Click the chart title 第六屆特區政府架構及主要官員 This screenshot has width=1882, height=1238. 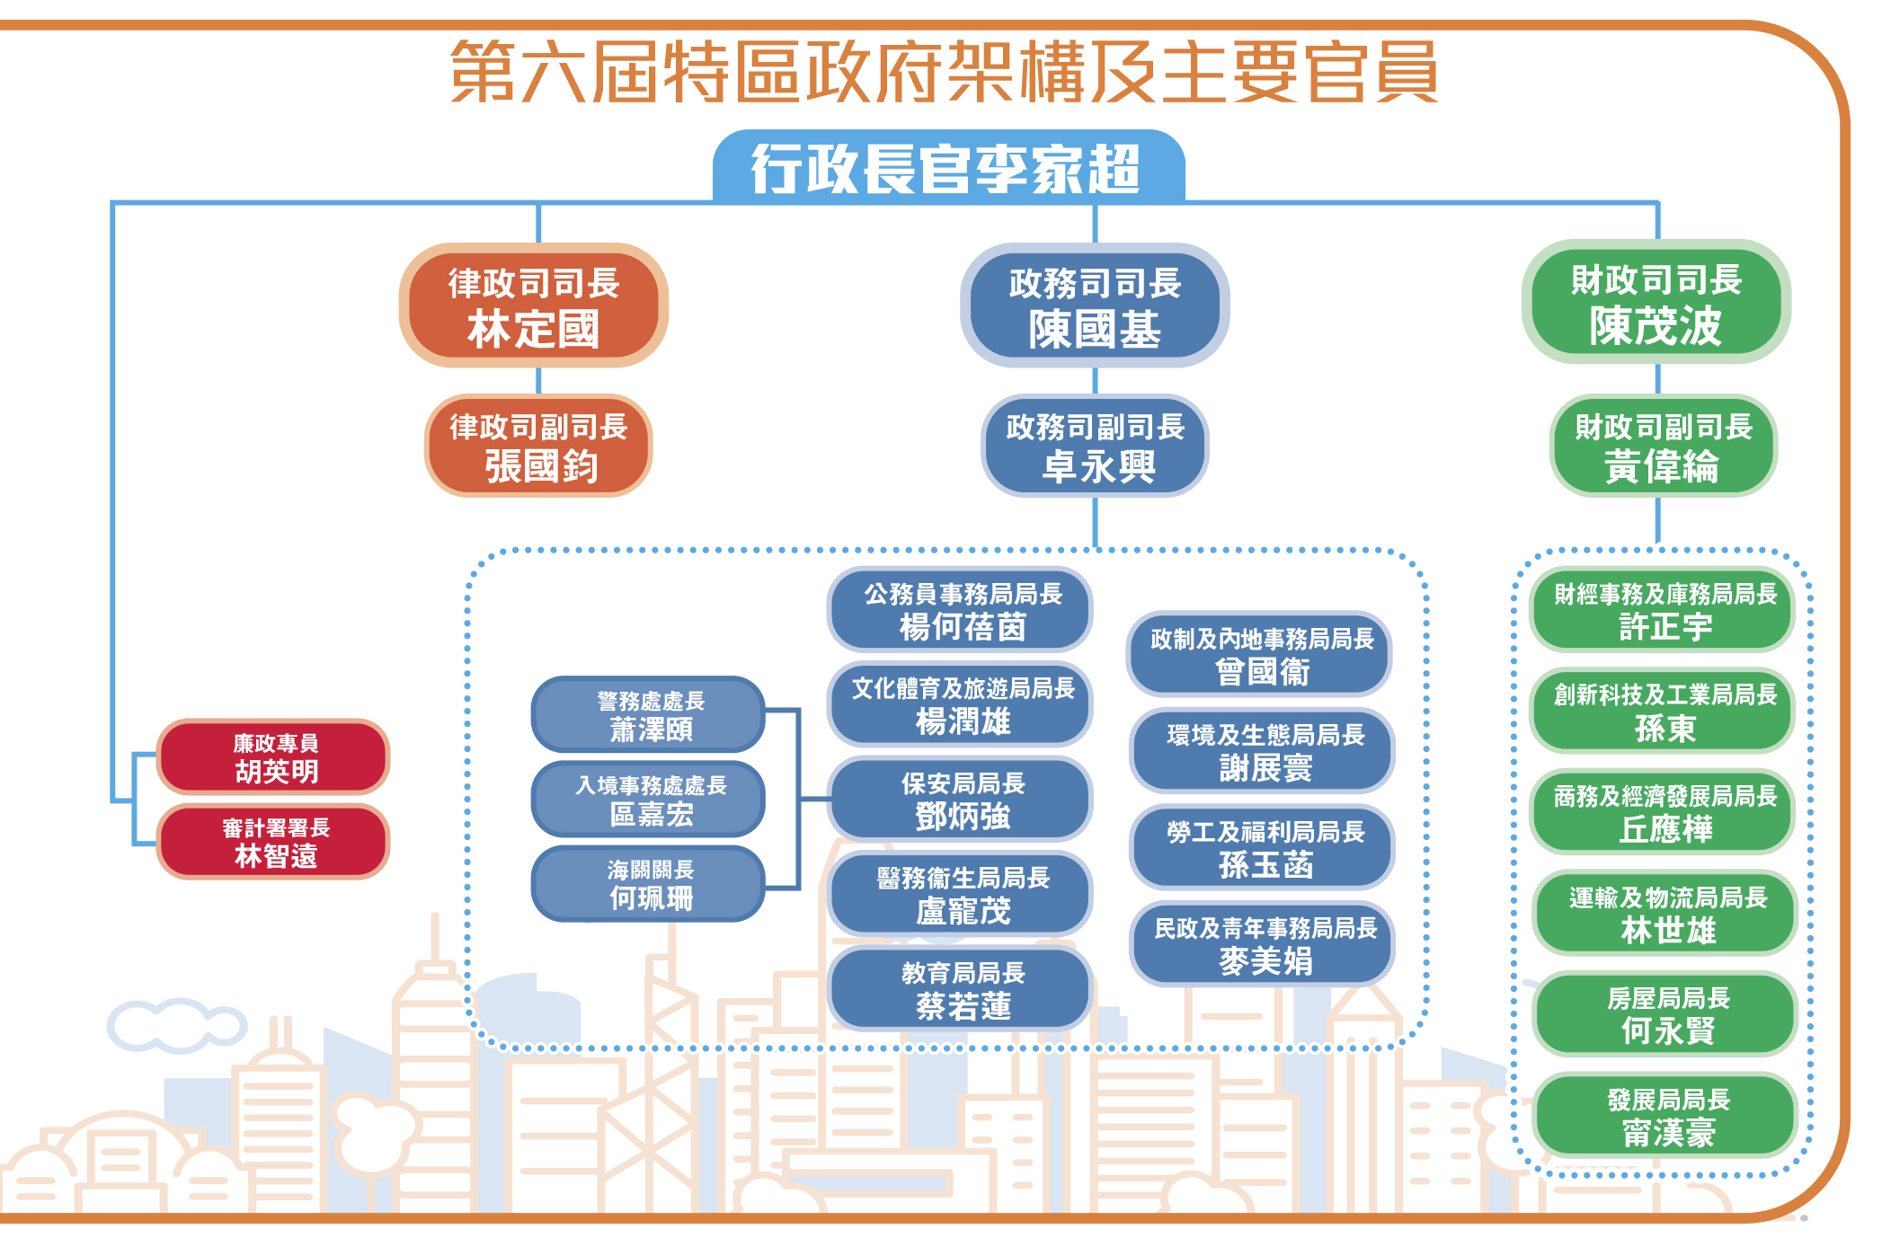click(x=944, y=72)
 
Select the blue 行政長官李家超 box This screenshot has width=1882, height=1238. click(x=948, y=168)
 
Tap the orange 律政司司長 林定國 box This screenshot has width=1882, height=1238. click(x=534, y=305)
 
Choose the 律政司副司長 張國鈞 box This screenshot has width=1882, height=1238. click(x=538, y=447)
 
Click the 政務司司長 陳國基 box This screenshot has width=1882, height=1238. click(x=1095, y=305)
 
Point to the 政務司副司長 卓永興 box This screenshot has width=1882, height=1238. click(x=1095, y=447)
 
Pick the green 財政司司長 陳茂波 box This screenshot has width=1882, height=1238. click(x=1656, y=302)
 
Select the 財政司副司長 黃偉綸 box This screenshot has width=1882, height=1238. click(x=1663, y=447)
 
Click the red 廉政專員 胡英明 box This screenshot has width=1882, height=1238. click(x=274, y=757)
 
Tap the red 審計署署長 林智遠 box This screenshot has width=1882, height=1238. click(x=274, y=842)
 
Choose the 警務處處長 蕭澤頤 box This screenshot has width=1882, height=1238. click(x=649, y=715)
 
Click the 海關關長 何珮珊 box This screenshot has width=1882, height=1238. click(x=649, y=884)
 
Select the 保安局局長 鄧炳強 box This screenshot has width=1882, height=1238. click(x=961, y=800)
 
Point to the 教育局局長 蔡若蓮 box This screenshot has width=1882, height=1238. click(x=961, y=989)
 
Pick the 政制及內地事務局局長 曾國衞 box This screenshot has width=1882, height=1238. click(x=1260, y=655)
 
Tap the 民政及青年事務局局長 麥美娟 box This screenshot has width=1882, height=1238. click(x=1263, y=944)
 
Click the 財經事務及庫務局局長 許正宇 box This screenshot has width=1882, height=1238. click(x=1664, y=610)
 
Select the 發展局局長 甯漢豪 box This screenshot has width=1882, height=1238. click(x=1667, y=1115)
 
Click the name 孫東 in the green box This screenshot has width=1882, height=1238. click(x=1665, y=729)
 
